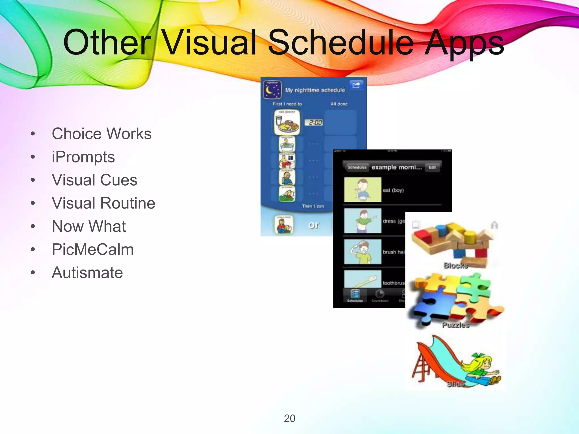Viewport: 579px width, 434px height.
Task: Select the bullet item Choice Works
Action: tap(101, 134)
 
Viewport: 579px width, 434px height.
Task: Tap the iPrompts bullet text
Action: tap(83, 157)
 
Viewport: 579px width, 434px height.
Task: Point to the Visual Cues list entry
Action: tap(94, 180)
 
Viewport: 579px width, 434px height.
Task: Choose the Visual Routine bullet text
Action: tap(103, 203)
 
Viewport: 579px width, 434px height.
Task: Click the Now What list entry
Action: tap(89, 226)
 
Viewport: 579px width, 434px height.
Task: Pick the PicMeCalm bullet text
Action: tap(93, 249)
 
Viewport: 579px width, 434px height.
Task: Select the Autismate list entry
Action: tap(87, 273)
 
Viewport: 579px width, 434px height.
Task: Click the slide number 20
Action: tap(289, 418)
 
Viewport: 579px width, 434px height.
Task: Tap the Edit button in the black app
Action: tap(432, 167)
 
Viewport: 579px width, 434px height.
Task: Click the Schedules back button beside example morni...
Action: tap(357, 167)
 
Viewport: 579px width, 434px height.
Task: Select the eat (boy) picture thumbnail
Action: tap(363, 190)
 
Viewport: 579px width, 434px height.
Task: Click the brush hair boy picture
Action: tap(363, 251)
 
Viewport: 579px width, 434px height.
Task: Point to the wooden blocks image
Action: tap(452, 243)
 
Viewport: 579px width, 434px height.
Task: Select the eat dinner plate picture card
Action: tap(287, 122)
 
